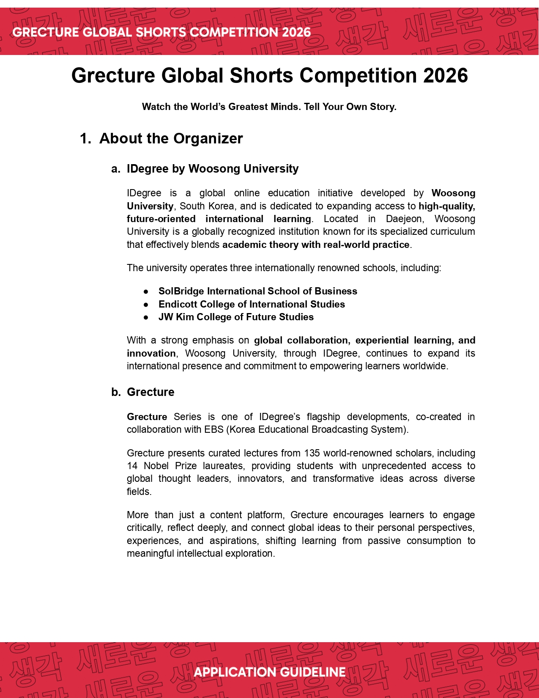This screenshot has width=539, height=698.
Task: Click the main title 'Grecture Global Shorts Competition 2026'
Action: (269, 76)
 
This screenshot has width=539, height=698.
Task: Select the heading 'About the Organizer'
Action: (171, 138)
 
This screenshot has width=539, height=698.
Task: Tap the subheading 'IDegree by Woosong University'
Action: (212, 168)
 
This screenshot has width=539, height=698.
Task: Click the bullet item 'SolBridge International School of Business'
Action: (257, 291)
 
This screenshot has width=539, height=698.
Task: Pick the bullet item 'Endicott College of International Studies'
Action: (252, 304)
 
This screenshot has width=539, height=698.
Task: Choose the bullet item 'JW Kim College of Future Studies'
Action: (236, 317)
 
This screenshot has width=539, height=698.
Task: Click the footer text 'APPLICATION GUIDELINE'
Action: (269, 672)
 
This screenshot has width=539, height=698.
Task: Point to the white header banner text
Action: (161, 32)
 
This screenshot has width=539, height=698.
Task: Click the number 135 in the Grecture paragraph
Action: (312, 453)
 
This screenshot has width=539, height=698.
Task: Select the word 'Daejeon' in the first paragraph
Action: (404, 219)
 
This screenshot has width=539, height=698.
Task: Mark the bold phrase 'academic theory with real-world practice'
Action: (316, 245)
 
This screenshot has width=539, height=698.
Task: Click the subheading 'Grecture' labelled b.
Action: (150, 392)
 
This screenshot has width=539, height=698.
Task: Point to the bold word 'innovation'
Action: (151, 353)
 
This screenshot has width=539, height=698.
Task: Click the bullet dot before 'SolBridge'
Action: (146, 291)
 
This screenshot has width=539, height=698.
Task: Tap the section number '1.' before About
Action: (85, 138)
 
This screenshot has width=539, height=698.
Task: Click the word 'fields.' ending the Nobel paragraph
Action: (139, 492)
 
